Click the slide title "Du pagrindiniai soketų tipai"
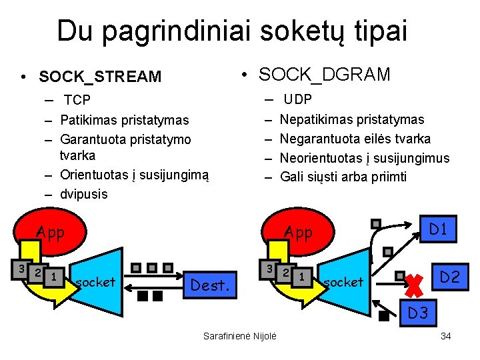click(231, 31)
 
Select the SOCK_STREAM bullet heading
click(100, 77)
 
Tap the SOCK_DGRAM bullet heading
click(324, 75)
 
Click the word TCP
click(77, 101)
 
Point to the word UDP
click(298, 100)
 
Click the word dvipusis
click(83, 195)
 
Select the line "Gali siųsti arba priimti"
click(343, 177)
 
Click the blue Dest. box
click(212, 285)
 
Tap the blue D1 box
click(438, 230)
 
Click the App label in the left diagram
click(51, 233)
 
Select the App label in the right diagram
click(298, 233)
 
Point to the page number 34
click(446, 336)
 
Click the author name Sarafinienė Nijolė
click(240, 336)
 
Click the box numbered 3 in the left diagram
click(22, 269)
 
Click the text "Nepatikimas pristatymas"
click(352, 120)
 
